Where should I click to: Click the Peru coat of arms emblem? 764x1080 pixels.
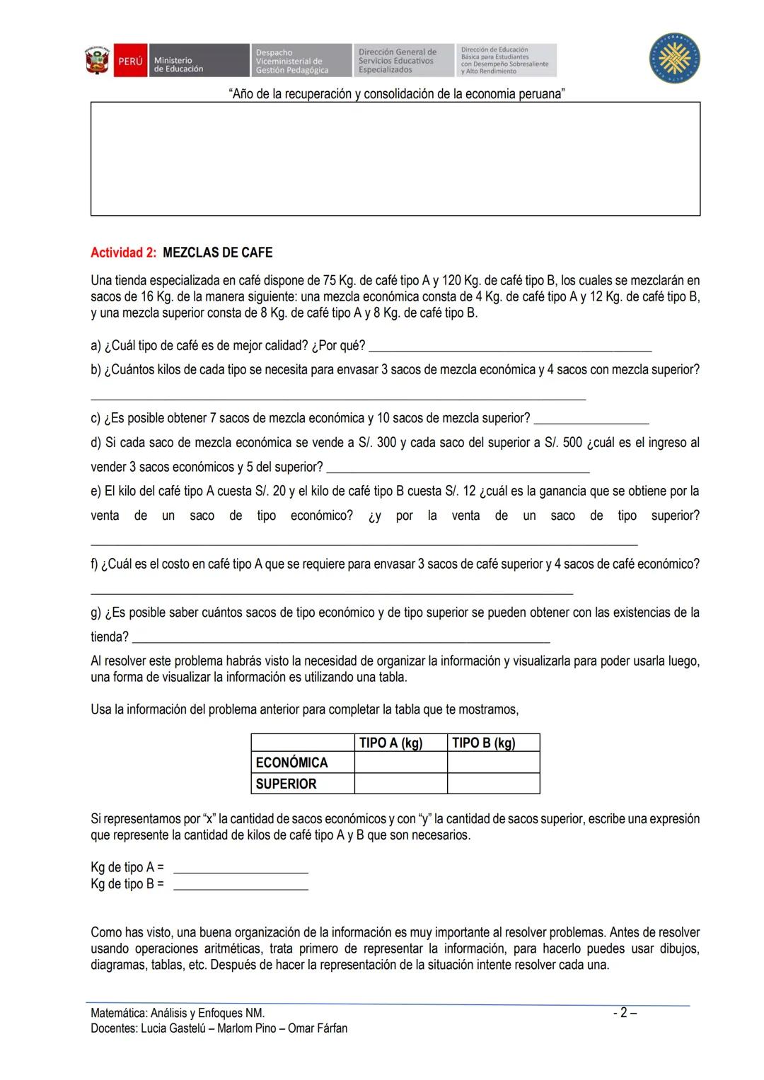pyautogui.click(x=97, y=61)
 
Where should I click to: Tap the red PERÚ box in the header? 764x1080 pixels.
pyautogui.click(x=129, y=62)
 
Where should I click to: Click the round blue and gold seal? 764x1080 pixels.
pyautogui.click(x=674, y=59)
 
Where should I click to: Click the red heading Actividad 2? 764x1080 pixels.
pyautogui.click(x=123, y=253)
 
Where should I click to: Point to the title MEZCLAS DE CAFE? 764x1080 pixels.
pyautogui.click(x=217, y=253)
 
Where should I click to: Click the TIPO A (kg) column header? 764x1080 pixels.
pyautogui.click(x=390, y=743)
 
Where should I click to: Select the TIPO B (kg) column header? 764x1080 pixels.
pyautogui.click(x=484, y=743)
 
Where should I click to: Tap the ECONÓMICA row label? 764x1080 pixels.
pyautogui.click(x=291, y=762)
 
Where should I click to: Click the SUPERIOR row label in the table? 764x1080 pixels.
pyautogui.click(x=286, y=784)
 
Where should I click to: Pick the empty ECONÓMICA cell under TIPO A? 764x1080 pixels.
pyautogui.click(x=400, y=762)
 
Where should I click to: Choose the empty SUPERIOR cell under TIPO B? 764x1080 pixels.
pyautogui.click(x=493, y=784)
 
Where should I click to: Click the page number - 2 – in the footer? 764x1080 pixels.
pyautogui.click(x=624, y=1013)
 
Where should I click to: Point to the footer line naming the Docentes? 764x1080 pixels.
pyautogui.click(x=219, y=1028)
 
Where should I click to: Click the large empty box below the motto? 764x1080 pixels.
pyautogui.click(x=395, y=159)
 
